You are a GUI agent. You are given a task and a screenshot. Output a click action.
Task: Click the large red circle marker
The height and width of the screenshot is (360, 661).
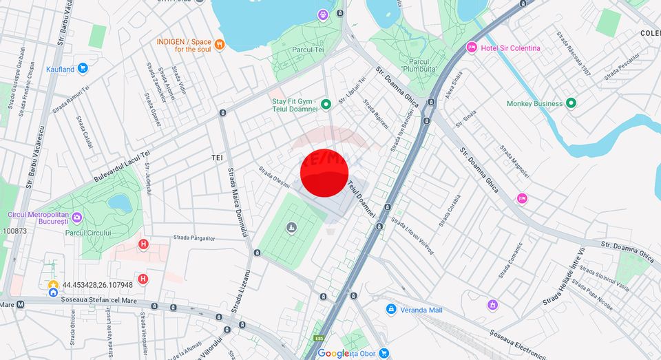coord(325,173)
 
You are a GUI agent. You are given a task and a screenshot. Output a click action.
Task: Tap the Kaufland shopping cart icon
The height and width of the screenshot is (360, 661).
coord(83,68)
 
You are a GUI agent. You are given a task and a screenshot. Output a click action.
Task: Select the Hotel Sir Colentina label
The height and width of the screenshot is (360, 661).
coord(510,48)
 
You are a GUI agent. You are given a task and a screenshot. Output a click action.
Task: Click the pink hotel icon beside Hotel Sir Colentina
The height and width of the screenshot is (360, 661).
coord(472,47)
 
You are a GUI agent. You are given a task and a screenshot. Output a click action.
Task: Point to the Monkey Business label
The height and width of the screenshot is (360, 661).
coord(534,103)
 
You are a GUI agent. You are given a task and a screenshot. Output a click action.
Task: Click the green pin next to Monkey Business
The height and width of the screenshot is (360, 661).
coord(571,103)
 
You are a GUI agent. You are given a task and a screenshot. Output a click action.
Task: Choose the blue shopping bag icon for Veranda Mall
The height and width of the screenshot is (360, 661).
coord(391,310)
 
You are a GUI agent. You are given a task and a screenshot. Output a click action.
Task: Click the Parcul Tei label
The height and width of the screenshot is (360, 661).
coord(308,50)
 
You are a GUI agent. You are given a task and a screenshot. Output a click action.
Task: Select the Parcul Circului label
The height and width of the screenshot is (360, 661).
coord(89,233)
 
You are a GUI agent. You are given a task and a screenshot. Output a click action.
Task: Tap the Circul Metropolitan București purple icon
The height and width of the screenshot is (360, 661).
coord(77,218)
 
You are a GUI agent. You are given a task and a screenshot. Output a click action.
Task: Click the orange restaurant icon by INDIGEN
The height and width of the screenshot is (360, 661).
coord(220,45)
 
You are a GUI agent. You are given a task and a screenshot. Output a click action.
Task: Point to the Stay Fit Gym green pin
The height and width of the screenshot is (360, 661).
coord(326,105)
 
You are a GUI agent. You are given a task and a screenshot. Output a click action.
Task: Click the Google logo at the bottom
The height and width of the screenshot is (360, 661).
coord(333,353)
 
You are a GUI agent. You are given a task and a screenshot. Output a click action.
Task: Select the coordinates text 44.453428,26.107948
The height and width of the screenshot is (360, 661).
coord(97,284)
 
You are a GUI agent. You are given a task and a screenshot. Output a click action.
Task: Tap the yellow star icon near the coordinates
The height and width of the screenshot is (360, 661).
coord(53,284)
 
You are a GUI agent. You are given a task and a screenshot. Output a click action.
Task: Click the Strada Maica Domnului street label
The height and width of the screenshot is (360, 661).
coord(235,203)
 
